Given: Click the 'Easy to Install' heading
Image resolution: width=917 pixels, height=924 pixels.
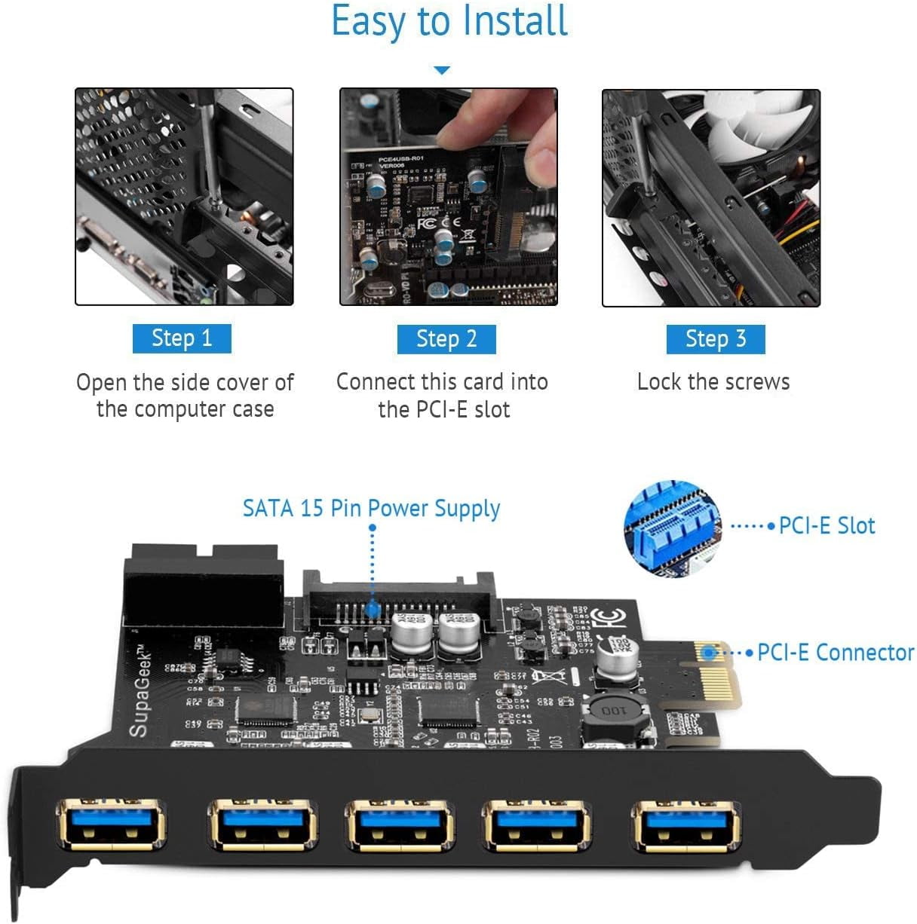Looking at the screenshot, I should pyautogui.click(x=449, y=21).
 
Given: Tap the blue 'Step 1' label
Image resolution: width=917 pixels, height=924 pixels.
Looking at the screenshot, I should pyautogui.click(x=182, y=338).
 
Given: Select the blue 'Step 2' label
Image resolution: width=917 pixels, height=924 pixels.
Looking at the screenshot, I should pyautogui.click(x=446, y=339).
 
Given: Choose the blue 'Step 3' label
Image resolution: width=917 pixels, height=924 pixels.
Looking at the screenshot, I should pyautogui.click(x=716, y=339).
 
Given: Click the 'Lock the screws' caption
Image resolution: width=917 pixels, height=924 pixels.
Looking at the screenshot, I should pyautogui.click(x=713, y=382).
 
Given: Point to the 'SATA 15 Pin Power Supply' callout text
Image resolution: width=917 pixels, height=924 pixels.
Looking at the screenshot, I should pyautogui.click(x=371, y=509).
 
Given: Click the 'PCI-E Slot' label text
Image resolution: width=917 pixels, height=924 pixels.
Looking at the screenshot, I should pyautogui.click(x=827, y=525).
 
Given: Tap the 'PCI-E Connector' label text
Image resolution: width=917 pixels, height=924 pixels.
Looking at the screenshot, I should pyautogui.click(x=836, y=652).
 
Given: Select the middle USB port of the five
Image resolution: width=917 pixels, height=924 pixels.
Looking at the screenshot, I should pyautogui.click(x=399, y=826).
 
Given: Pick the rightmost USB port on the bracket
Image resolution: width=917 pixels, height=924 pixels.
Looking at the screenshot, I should pyautogui.click(x=685, y=826).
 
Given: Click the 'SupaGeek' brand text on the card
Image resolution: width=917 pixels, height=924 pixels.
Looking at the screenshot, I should pyautogui.click(x=139, y=693).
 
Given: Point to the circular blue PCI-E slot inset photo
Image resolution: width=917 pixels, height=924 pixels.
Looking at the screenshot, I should pyautogui.click(x=671, y=528).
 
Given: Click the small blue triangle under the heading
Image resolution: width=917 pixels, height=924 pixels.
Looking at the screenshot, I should pyautogui.click(x=442, y=70).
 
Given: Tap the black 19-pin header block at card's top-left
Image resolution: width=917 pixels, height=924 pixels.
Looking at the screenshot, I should pyautogui.click(x=204, y=586).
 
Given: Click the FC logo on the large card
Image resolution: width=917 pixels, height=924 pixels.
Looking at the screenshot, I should pyautogui.click(x=606, y=617).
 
